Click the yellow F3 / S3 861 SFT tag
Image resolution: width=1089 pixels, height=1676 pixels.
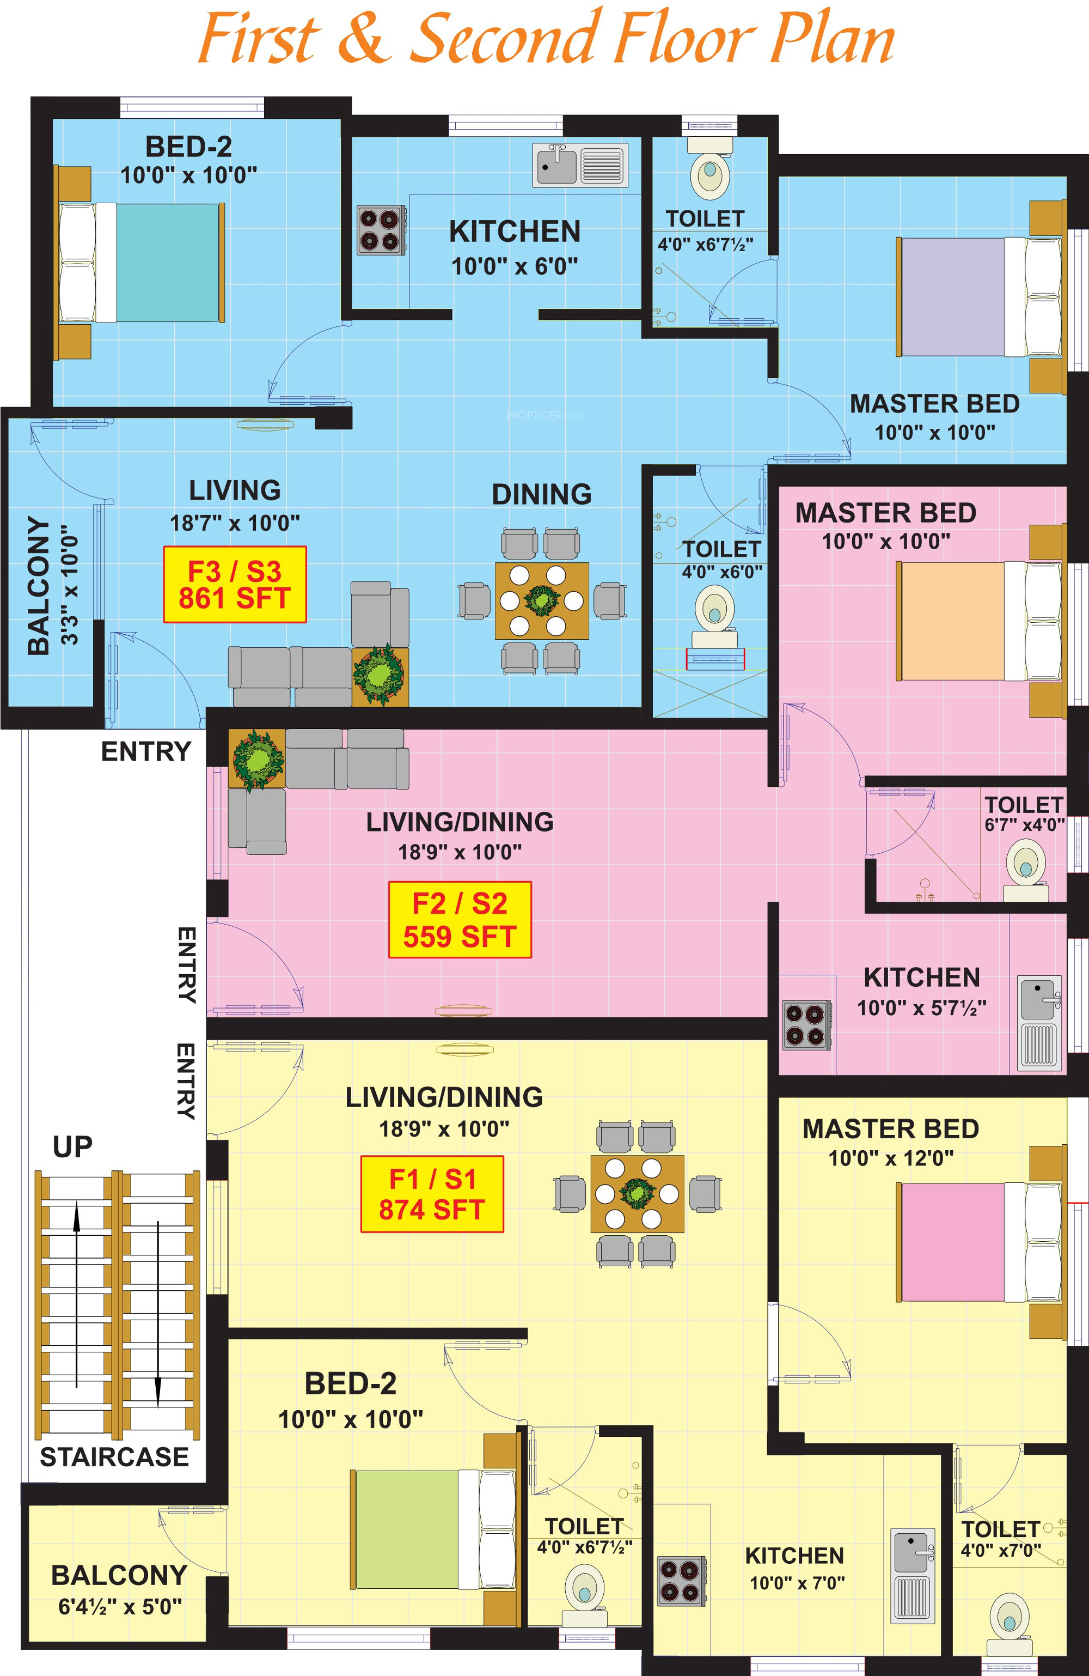[x=235, y=585]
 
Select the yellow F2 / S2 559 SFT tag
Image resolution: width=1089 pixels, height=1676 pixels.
[x=460, y=920]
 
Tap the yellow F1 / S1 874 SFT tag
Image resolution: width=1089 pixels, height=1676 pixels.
[x=432, y=1194]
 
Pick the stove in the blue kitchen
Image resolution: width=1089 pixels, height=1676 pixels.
[x=381, y=230]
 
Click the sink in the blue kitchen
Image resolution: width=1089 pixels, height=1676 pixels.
[x=580, y=165]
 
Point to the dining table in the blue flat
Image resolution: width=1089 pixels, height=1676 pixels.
[x=541, y=600]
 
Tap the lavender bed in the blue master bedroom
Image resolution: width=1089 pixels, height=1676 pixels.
[x=979, y=297]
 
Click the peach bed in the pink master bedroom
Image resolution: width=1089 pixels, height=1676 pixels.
[x=979, y=621]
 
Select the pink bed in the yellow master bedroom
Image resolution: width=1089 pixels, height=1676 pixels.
[x=979, y=1242]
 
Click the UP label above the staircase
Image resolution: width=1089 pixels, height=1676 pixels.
[x=72, y=1147]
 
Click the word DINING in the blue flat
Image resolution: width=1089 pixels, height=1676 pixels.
[x=542, y=494]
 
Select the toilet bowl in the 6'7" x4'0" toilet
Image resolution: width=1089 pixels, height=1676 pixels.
[x=1026, y=869]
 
